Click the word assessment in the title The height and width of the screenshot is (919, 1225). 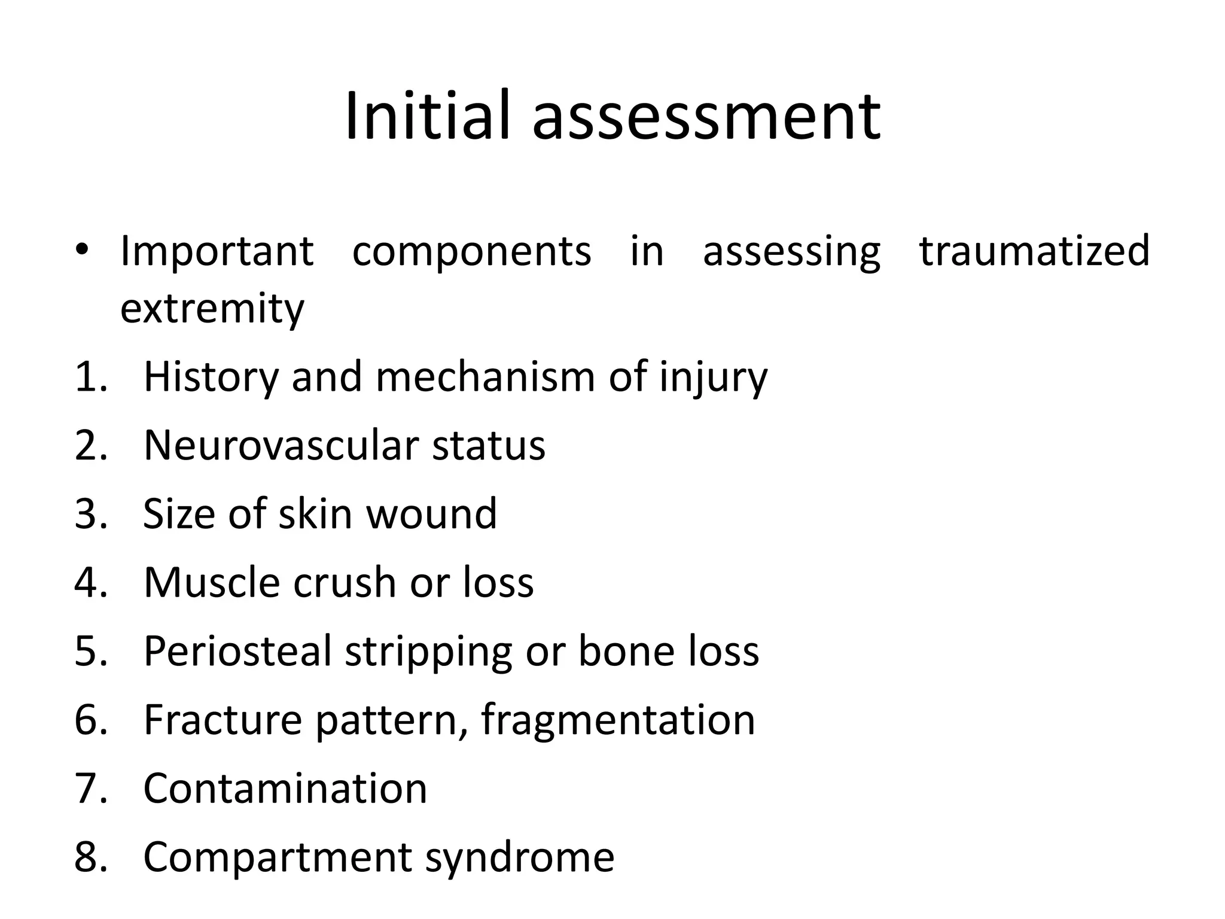click(x=706, y=117)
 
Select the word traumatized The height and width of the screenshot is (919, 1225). click(x=1034, y=250)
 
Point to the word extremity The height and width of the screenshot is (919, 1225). click(x=212, y=309)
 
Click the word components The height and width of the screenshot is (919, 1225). click(x=471, y=251)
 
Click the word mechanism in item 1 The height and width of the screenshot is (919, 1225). click(x=485, y=377)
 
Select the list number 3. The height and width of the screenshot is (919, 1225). click(x=90, y=513)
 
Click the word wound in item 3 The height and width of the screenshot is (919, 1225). click(x=431, y=513)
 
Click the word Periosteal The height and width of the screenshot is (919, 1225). click(x=237, y=651)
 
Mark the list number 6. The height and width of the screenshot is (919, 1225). click(x=90, y=719)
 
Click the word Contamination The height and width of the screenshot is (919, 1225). click(x=285, y=788)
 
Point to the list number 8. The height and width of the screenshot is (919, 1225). click(x=90, y=856)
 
